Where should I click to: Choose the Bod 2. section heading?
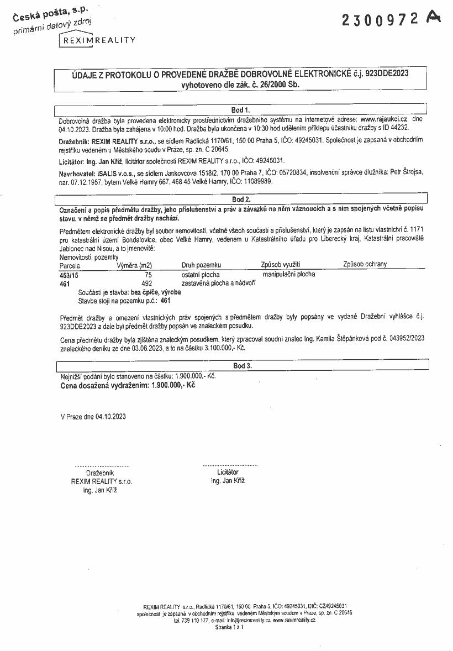[x=241, y=199]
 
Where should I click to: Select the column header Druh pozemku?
[x=201, y=265]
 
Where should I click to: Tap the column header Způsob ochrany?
[x=365, y=264]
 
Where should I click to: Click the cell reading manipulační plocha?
[x=289, y=274]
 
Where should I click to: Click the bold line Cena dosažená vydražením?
[x=128, y=385]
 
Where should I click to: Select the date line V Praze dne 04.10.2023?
[x=93, y=416]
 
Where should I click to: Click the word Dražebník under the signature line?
[x=99, y=473]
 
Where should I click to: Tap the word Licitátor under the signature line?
[x=228, y=473]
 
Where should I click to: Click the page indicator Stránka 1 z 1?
[x=229, y=627]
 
